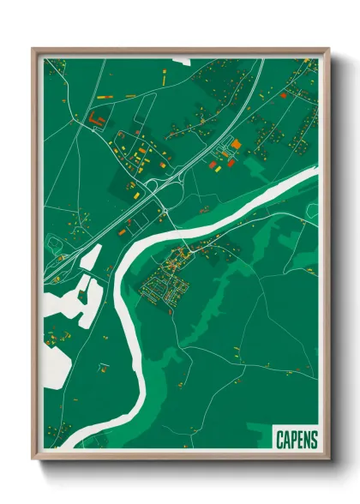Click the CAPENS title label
(x=297, y=440)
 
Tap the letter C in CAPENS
(x=280, y=440)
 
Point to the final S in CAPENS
(x=313, y=440)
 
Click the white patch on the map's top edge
(x=181, y=61)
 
